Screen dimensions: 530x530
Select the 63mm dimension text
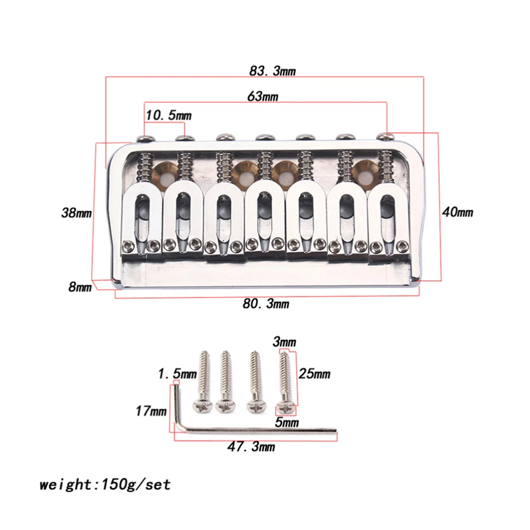(x=263, y=96)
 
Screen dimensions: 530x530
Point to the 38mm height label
(x=76, y=214)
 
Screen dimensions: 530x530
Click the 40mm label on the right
(x=457, y=212)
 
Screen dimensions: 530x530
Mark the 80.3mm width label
(x=266, y=304)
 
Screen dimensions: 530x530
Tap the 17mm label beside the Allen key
(x=151, y=411)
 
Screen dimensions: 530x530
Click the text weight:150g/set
(x=105, y=484)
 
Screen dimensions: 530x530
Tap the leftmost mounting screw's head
(x=204, y=406)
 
